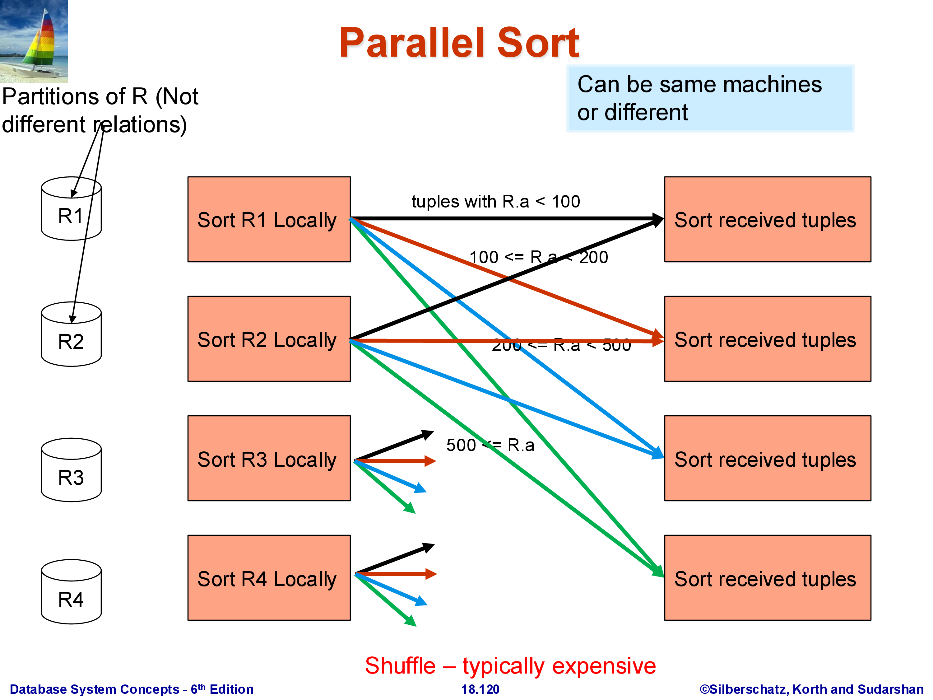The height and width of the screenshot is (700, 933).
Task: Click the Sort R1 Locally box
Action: [x=269, y=219]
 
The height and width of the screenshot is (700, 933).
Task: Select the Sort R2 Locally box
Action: [x=269, y=339]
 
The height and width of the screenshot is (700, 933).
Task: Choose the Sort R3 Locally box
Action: [x=269, y=458]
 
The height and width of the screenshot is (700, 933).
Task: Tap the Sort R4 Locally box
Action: [x=269, y=578]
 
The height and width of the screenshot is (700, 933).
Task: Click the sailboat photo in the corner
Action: [x=34, y=41]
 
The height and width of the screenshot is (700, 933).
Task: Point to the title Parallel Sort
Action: [x=459, y=43]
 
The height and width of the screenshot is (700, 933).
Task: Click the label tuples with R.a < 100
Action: [x=496, y=202]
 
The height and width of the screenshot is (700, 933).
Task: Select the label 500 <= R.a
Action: [x=490, y=445]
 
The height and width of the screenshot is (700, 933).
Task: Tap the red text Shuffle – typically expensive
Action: [x=510, y=666]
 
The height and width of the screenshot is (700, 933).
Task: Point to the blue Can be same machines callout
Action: [x=710, y=98]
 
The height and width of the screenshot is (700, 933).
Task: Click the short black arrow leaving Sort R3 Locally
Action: [x=394, y=445]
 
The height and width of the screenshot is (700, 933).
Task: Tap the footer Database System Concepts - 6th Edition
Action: [x=132, y=689]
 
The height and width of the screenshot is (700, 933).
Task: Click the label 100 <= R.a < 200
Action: [x=539, y=257]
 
